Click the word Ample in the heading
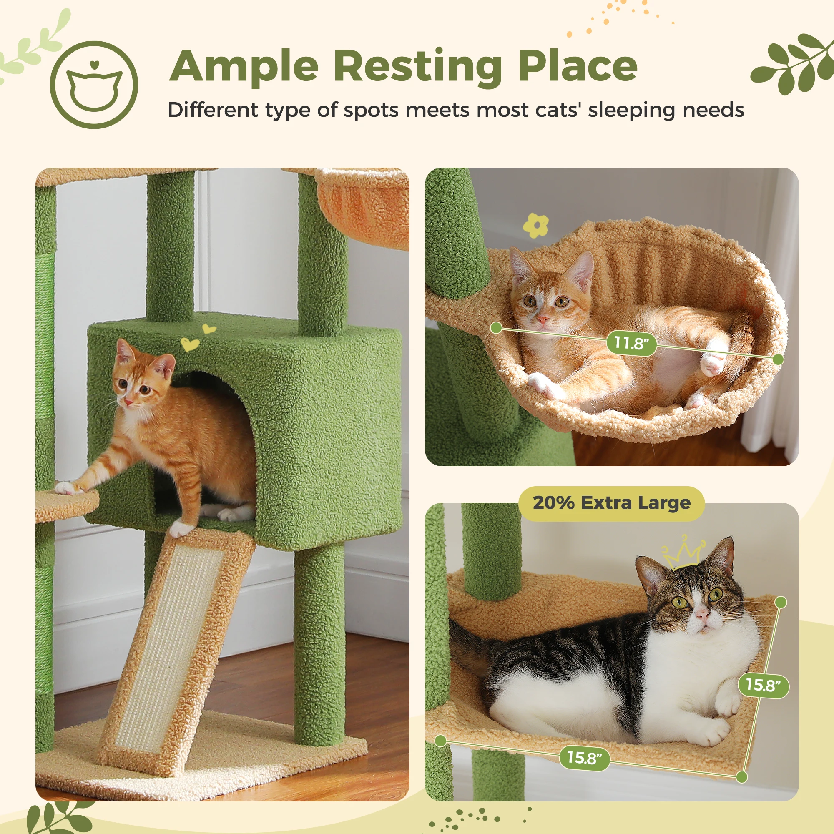click(244, 67)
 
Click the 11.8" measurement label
click(631, 343)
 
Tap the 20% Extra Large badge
click(611, 503)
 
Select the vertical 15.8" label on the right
click(763, 685)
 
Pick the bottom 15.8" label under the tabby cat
click(584, 758)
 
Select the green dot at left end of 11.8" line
click(496, 328)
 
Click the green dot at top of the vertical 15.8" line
click(781, 602)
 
